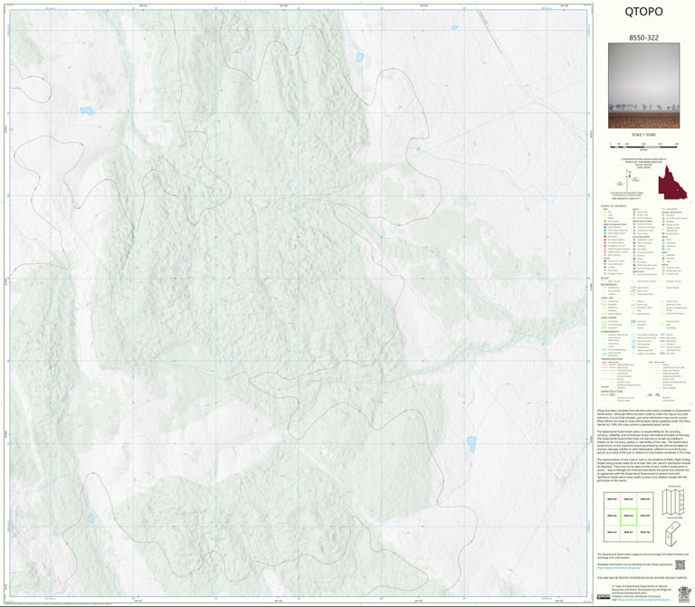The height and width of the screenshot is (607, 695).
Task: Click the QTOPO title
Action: point(643,13)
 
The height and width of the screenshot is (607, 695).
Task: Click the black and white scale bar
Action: point(643,144)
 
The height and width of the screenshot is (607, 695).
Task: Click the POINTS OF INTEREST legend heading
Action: point(613,207)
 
